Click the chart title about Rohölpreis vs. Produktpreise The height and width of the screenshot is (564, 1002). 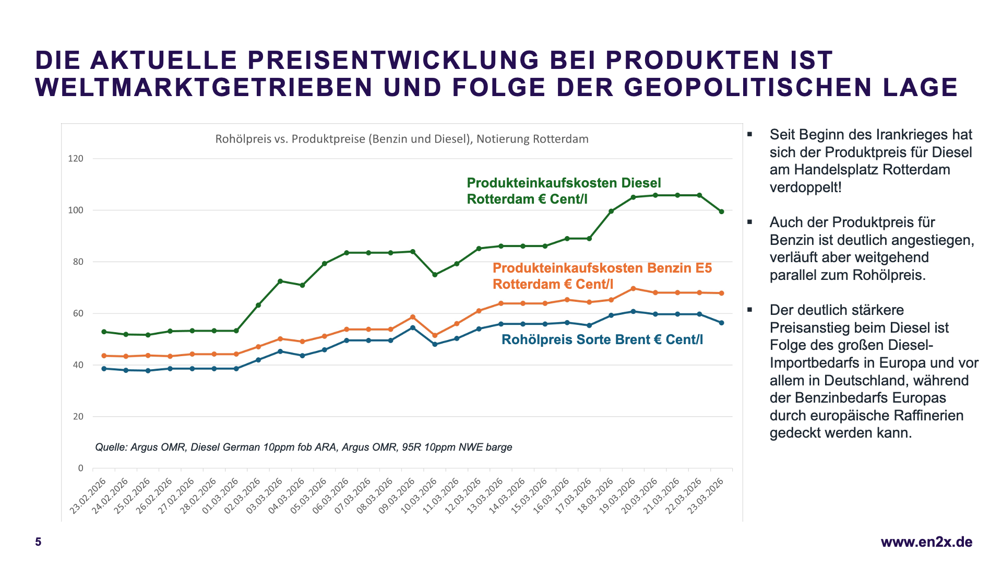(x=402, y=139)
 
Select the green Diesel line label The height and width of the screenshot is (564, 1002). (x=564, y=191)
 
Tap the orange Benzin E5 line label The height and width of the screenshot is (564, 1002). (x=602, y=276)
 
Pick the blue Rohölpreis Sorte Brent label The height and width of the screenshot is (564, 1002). (x=602, y=339)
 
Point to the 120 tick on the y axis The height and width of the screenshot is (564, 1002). (x=76, y=158)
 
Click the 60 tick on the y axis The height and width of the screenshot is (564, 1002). (x=78, y=313)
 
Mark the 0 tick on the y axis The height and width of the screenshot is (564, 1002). (x=80, y=468)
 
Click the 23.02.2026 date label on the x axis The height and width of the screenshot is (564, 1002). (x=89, y=496)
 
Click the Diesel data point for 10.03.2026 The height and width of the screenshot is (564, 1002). (x=435, y=275)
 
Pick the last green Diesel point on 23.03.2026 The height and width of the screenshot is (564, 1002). (x=722, y=211)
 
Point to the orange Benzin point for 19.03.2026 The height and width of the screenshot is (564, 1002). (x=633, y=288)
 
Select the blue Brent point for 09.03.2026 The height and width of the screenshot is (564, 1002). (x=413, y=327)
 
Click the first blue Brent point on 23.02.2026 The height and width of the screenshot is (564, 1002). (x=104, y=369)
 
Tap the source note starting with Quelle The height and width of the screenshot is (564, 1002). (x=303, y=447)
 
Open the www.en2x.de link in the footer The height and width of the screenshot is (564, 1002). (x=926, y=542)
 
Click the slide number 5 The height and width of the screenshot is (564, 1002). (x=38, y=542)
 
